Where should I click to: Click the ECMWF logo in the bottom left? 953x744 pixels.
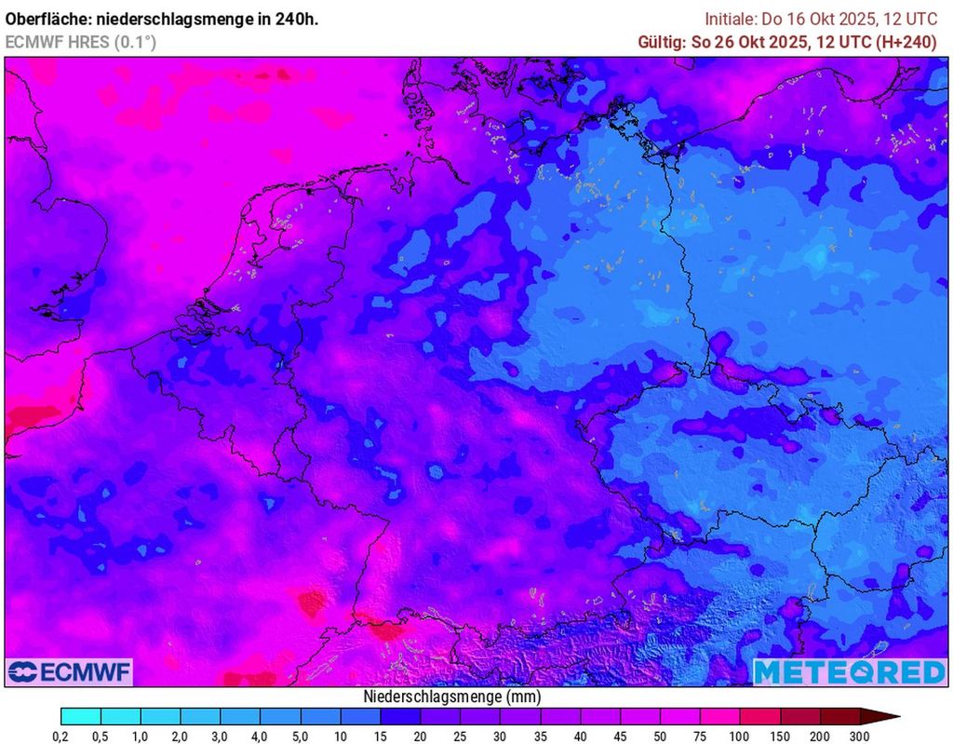[x=69, y=671]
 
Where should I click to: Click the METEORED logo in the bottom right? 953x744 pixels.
[x=849, y=671]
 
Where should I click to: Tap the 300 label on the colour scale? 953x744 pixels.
[x=860, y=737]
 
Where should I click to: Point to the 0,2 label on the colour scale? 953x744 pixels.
[x=60, y=737]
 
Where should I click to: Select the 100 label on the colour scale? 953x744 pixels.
[x=740, y=737]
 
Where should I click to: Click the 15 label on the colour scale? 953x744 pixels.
[x=381, y=737]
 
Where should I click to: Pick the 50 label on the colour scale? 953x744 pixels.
[x=660, y=737]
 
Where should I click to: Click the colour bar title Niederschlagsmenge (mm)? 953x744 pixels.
[x=451, y=697]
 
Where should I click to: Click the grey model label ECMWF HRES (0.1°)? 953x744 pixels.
[x=81, y=42]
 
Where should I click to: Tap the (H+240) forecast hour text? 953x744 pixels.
[x=903, y=42]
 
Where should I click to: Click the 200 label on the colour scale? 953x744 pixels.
[x=820, y=737]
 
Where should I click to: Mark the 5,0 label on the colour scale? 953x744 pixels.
[x=301, y=737]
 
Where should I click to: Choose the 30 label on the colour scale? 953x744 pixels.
[x=501, y=737]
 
